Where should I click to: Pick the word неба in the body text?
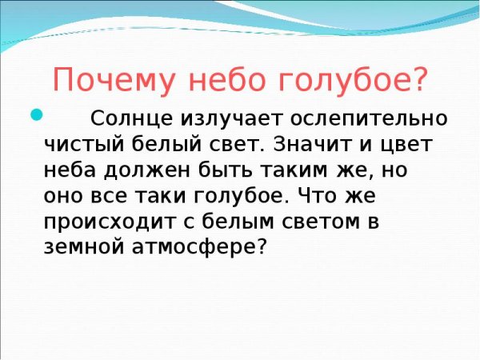[x=69, y=171]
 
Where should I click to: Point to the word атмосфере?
[x=199, y=246]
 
